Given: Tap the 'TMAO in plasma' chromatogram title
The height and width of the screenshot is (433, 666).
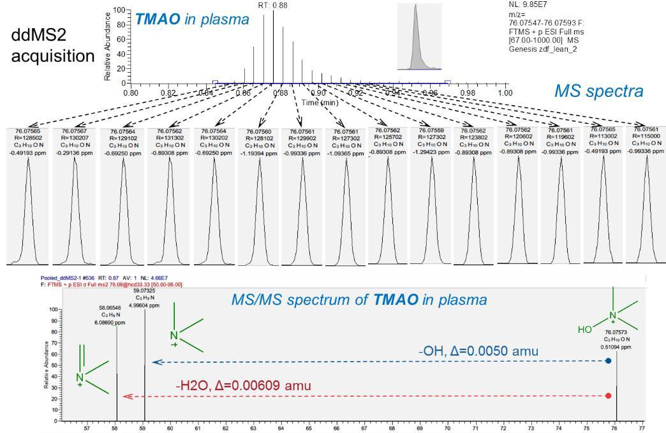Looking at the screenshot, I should tap(192, 20).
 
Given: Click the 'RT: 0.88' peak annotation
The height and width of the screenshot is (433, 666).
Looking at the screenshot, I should tap(272, 4).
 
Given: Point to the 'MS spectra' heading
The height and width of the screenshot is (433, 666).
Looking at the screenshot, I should tap(599, 91).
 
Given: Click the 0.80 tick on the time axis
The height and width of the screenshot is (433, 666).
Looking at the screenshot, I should tap(131, 93).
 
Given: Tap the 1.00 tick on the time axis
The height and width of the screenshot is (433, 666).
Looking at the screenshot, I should tap(505, 93).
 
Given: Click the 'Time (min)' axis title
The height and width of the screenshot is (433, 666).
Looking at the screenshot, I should tap(320, 102).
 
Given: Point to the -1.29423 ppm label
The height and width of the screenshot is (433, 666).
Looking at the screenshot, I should tap(431, 154).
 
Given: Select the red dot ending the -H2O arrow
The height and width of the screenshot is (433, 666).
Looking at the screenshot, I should tap(608, 396).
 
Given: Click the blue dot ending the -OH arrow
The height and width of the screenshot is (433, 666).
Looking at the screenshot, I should tap(608, 361).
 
